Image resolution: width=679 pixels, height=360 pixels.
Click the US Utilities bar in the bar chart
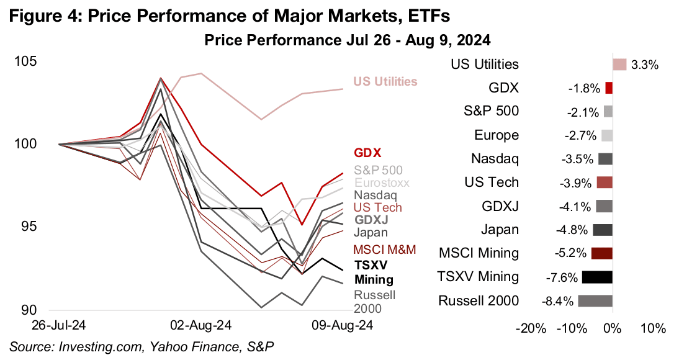[x=619, y=65]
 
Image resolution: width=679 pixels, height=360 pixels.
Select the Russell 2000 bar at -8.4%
[x=595, y=300]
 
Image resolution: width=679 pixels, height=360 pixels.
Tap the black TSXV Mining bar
[x=597, y=277]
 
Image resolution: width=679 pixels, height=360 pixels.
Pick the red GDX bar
[x=609, y=88]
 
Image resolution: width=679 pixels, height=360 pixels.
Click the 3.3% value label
[x=644, y=65]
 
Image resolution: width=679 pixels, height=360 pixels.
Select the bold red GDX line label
[x=367, y=153]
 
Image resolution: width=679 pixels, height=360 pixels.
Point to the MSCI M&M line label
[x=384, y=250]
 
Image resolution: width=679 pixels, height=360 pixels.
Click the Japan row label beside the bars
[x=500, y=230]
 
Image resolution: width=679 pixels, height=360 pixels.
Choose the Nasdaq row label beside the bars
[x=495, y=159]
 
